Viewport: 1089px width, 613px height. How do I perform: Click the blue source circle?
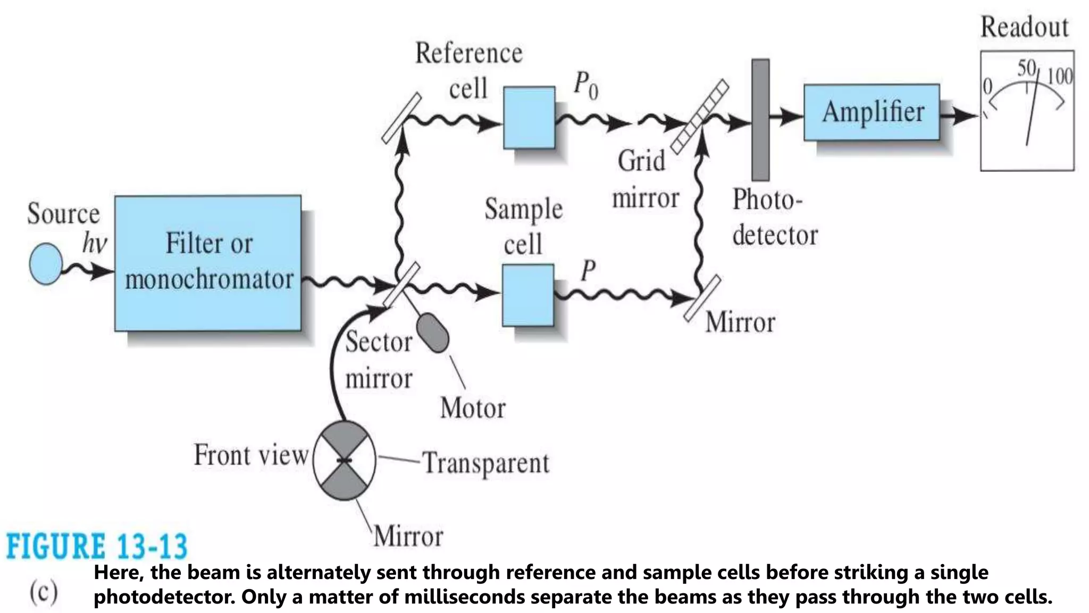46,264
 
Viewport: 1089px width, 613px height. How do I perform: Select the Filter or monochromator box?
208,263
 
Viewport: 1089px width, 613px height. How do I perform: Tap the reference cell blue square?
529,118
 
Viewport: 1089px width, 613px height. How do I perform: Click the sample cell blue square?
527,295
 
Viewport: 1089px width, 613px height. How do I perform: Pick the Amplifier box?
872,112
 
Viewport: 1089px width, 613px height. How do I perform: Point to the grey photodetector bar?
760,120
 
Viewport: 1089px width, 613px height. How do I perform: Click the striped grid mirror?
699,117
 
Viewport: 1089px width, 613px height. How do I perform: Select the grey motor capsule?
433,333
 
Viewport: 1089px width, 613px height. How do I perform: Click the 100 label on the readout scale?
1060,77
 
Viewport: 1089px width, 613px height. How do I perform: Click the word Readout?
1024,27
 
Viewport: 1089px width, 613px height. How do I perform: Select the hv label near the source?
95,244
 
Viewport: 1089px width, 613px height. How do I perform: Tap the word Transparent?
485,463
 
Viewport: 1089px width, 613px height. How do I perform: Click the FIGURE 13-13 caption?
97,546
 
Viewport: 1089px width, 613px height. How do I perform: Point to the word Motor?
473,409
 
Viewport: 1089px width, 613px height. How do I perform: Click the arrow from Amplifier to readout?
960,114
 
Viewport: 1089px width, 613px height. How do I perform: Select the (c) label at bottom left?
44,591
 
